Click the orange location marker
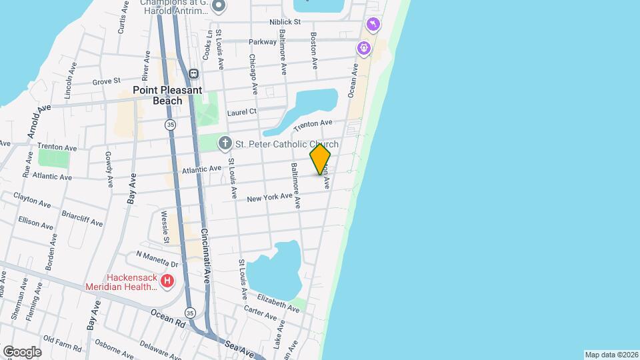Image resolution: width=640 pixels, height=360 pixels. pos(320,159)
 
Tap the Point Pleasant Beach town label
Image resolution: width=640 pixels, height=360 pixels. pos(157,95)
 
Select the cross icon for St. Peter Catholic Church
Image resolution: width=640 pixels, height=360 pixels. pos(225,143)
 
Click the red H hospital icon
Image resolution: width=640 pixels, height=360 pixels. pos(167,282)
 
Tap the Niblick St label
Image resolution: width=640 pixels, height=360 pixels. pos(285,22)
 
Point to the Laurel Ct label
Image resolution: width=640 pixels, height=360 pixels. pos(241,113)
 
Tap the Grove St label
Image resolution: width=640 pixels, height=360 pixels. pos(106,81)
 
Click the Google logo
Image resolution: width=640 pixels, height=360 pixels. pos(21,351)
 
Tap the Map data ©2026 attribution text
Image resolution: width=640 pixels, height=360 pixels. pos(611,355)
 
